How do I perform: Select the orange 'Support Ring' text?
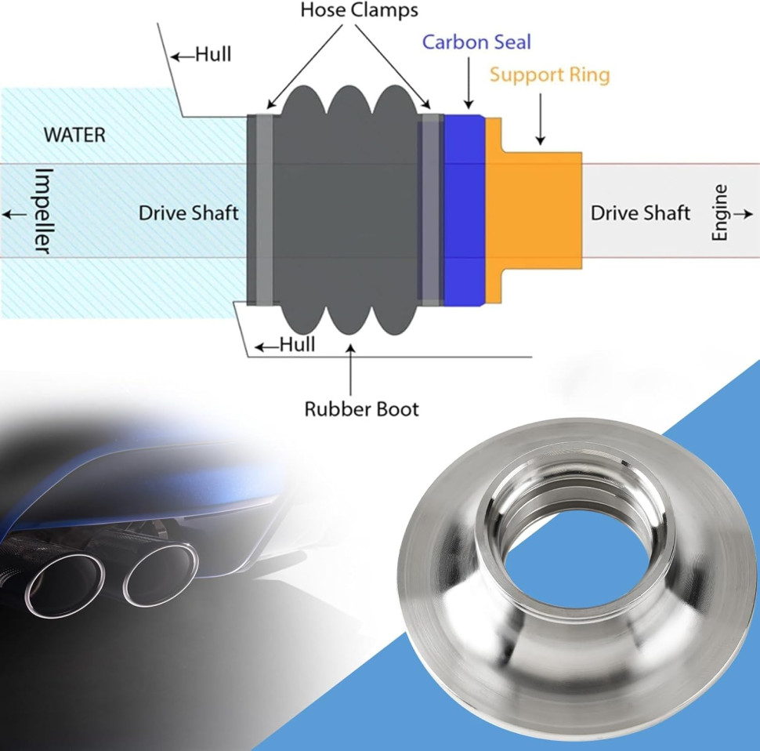click(x=549, y=75)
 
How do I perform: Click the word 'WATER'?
click(x=74, y=134)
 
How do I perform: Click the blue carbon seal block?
click(x=465, y=210)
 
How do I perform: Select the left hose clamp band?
click(x=263, y=210)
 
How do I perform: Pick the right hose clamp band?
click(x=428, y=210)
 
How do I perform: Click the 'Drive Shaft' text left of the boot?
click(x=188, y=212)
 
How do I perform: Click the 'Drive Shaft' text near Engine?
click(x=640, y=212)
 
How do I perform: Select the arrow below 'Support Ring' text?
click(x=540, y=118)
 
